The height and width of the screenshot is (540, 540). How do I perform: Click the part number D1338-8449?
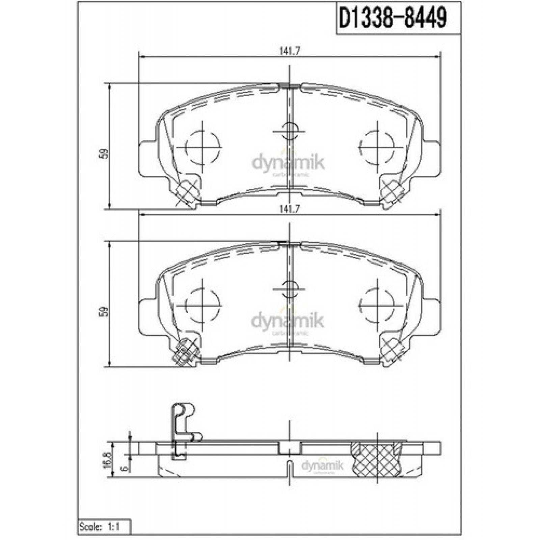[393, 18]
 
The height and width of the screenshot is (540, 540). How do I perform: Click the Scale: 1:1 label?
[100, 526]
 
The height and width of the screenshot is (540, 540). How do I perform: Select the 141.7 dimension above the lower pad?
[290, 209]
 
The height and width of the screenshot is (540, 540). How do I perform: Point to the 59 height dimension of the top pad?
[105, 154]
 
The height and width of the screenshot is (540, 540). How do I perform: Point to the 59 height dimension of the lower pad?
[105, 311]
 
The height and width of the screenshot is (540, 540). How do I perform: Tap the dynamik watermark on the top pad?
[288, 164]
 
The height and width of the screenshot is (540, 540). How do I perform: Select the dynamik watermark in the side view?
[322, 466]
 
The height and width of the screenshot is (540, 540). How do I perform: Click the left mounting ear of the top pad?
[147, 158]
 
